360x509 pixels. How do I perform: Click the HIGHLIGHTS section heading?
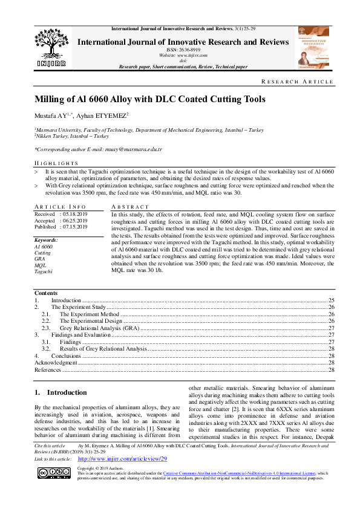tap(56, 164)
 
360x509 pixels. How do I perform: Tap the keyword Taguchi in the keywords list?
tap(43, 271)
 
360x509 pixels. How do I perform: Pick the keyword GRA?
tap(40, 259)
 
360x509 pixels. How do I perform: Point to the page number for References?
tap(331, 369)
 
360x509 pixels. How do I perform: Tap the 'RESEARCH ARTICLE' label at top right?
tap(306, 82)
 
